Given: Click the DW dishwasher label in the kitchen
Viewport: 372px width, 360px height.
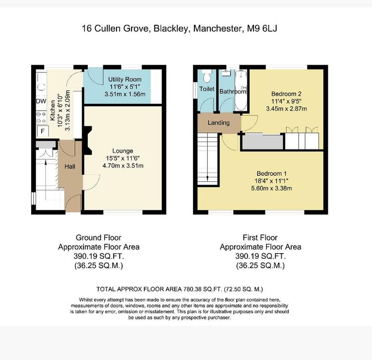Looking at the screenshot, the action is click(x=41, y=101).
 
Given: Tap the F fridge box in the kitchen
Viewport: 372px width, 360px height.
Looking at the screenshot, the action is click(x=43, y=131).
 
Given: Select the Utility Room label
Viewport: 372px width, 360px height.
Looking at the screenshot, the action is click(x=125, y=79).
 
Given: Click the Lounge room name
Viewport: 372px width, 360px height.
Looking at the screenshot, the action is click(x=123, y=151).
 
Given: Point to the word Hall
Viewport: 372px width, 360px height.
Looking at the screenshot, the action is click(x=70, y=166).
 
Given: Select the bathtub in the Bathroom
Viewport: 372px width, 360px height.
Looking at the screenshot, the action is click(x=241, y=90).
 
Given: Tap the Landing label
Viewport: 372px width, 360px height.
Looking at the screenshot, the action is click(x=219, y=123).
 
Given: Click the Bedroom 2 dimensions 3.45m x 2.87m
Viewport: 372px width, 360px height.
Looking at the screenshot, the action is click(x=286, y=109).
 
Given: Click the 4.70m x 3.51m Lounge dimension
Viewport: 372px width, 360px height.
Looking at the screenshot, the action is click(x=123, y=165).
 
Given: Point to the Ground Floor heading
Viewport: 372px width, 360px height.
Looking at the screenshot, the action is click(x=99, y=237).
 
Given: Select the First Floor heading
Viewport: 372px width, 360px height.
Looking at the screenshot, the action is click(x=260, y=237).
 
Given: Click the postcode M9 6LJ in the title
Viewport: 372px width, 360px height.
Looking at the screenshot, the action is click(x=262, y=28).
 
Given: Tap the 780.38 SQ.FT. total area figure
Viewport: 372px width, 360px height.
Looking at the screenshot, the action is click(x=203, y=289).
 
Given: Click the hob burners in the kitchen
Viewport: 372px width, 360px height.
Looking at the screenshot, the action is click(x=41, y=118).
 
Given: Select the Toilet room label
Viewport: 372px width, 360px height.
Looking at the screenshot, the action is click(x=207, y=89).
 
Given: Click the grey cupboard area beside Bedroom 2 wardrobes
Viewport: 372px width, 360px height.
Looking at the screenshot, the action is click(x=262, y=142).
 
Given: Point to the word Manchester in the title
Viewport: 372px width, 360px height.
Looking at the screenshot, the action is click(x=218, y=28).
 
